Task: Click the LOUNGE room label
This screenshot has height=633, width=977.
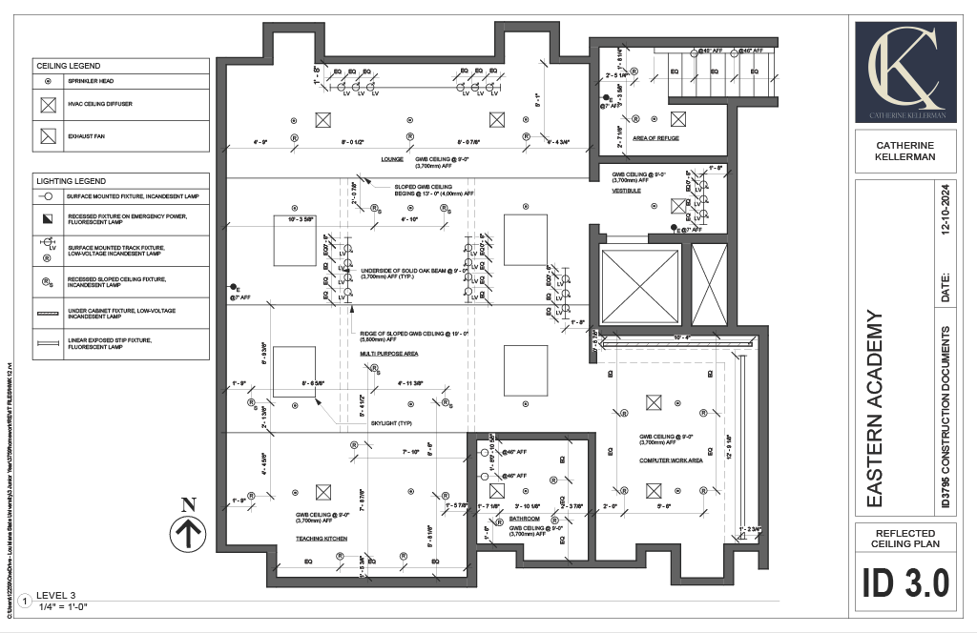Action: tap(392, 159)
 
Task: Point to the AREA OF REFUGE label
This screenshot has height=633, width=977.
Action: tap(655, 139)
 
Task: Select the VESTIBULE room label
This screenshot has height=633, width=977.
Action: tap(626, 191)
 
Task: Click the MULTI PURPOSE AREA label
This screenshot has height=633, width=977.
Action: tap(389, 354)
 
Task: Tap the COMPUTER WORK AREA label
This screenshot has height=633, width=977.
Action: tap(671, 460)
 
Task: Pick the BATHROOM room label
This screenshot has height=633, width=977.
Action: tap(525, 520)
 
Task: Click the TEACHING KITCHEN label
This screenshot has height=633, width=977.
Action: tap(321, 539)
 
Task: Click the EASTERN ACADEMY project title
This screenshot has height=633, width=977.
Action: tap(878, 408)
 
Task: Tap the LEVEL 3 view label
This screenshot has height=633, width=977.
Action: tap(55, 596)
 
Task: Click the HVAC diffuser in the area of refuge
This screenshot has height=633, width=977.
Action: tap(677, 119)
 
